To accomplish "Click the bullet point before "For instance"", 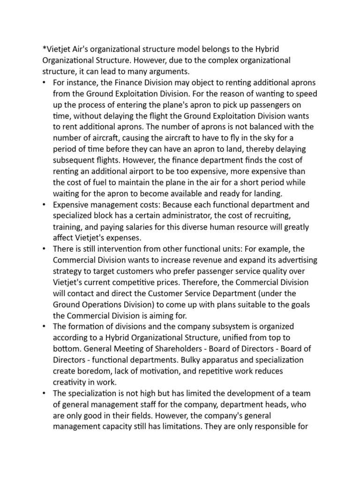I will click(44, 82).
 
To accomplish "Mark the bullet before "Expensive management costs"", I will click(44, 204).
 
